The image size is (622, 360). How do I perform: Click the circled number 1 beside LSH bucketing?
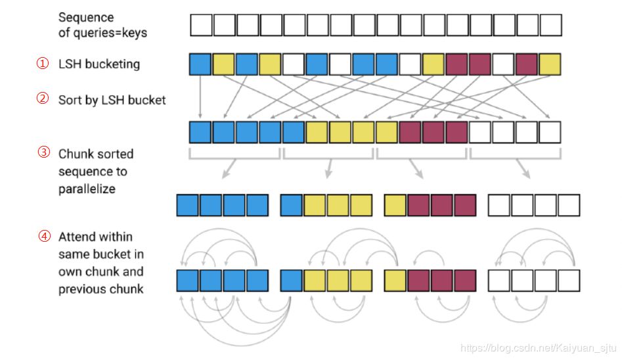[x=42, y=64]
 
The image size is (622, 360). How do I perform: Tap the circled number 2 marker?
[x=42, y=100]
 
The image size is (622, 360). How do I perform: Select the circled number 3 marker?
[x=42, y=153]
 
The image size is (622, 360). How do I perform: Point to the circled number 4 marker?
[x=42, y=236]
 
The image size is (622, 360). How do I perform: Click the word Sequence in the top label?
[x=86, y=17]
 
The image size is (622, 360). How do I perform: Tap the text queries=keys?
[x=104, y=32]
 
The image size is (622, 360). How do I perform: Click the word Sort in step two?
[x=70, y=100]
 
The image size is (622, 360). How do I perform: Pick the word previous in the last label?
[x=81, y=288]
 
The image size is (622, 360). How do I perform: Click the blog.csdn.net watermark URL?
[x=539, y=348]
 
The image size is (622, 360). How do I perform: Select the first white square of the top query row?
[x=201, y=26]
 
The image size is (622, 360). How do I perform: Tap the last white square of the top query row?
[x=550, y=26]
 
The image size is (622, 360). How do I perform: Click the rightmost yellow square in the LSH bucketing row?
[x=550, y=64]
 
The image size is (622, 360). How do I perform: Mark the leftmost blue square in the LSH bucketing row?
[x=201, y=64]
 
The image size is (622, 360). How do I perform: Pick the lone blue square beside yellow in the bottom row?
[x=292, y=281]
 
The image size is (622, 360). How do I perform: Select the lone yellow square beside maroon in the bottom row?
[x=395, y=281]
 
